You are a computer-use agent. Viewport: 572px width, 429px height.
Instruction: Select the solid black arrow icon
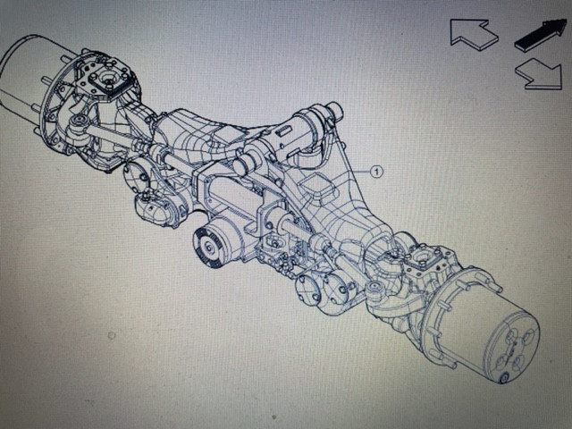[x=541, y=35]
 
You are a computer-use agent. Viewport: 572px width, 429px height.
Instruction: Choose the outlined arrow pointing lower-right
[x=543, y=74]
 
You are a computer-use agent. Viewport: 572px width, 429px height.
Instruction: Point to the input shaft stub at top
[x=334, y=112]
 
